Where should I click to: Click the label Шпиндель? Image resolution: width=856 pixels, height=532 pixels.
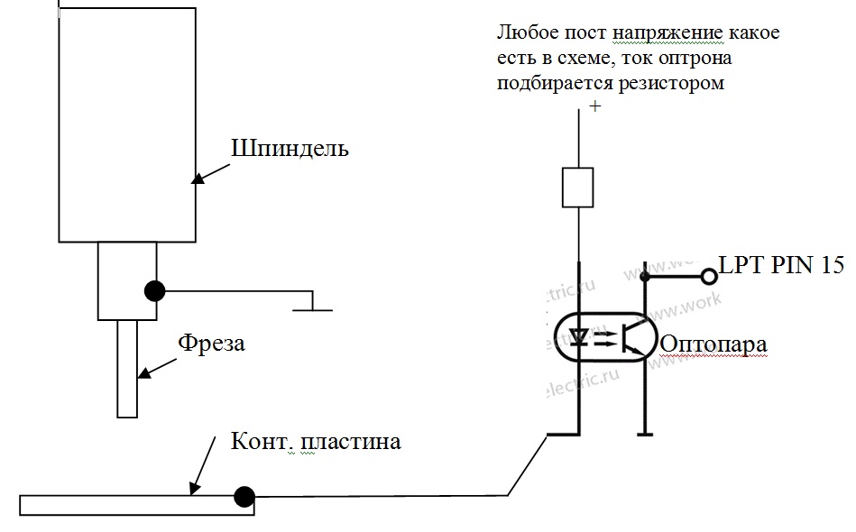pos(290,149)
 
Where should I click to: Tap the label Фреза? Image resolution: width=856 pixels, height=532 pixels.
pos(211,344)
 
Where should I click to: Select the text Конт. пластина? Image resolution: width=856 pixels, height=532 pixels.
pos(316,443)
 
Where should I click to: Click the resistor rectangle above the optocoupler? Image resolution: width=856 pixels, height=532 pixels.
pos(576,187)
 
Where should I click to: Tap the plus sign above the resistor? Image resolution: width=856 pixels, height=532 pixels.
pos(594,106)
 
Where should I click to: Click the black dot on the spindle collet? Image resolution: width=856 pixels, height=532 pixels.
pos(155,291)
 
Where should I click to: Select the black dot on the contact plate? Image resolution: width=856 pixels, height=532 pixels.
pos(243,496)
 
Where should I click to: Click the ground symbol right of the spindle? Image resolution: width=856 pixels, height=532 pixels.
pos(311,305)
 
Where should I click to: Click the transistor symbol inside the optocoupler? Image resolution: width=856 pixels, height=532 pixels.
pos(635,337)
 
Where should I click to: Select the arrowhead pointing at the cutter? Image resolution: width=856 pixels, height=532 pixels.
pos(142,372)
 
